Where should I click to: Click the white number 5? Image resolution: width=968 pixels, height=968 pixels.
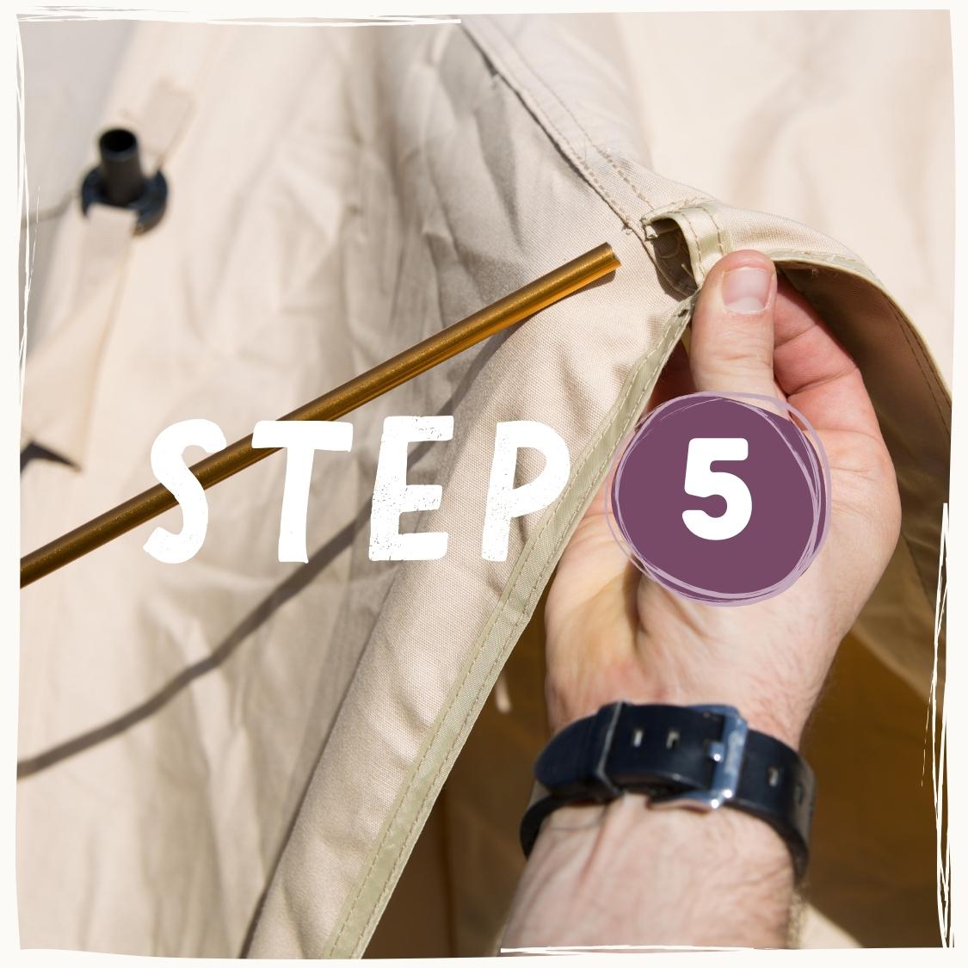717,490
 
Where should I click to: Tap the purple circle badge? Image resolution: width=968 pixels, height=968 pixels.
718,497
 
